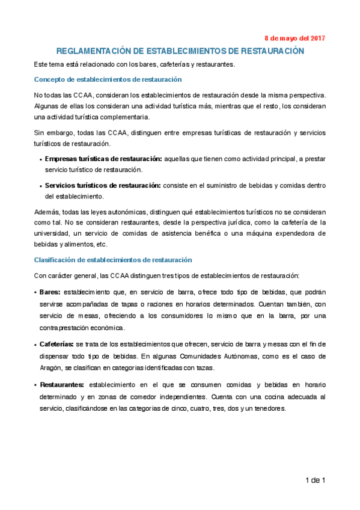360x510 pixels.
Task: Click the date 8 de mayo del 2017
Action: pyautogui.click(x=295, y=38)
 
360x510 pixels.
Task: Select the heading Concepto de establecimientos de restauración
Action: pyautogui.click(x=108, y=79)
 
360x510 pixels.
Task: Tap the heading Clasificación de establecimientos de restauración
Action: pyautogui.click(x=113, y=260)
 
